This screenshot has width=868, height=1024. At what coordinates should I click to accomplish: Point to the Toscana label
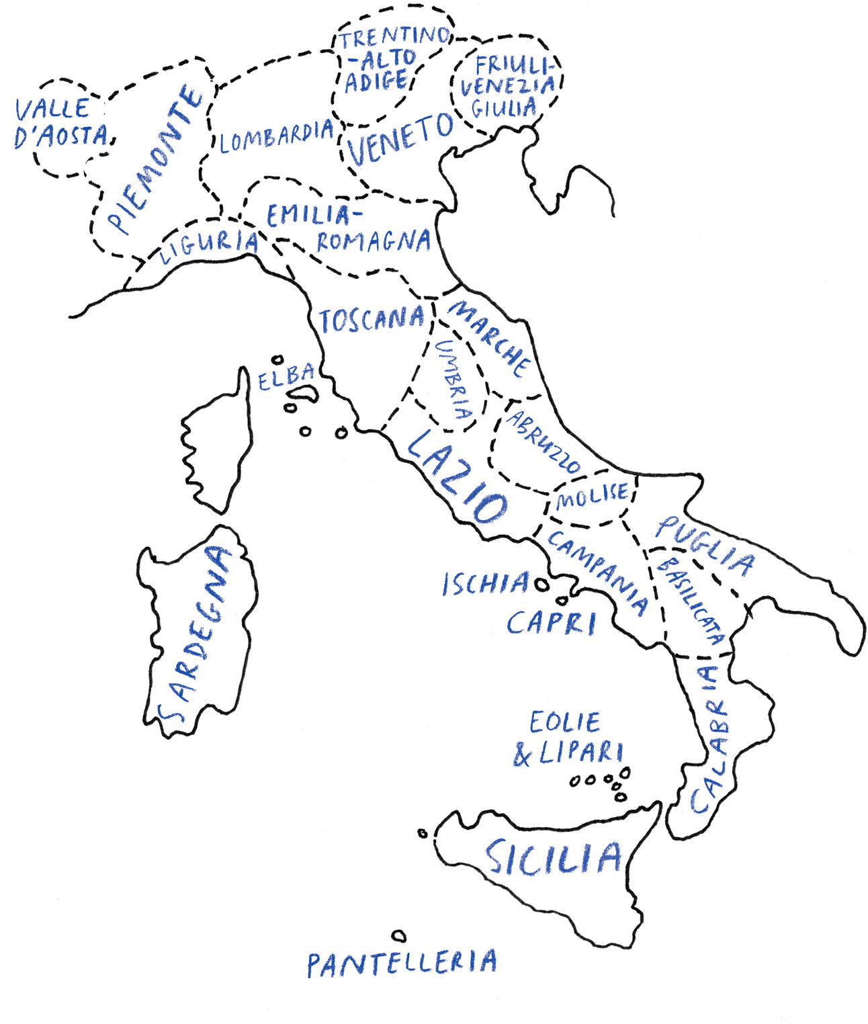pos(372,320)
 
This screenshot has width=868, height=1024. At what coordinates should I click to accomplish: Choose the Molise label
pos(592,497)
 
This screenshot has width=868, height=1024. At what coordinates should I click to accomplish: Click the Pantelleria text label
pos(402,964)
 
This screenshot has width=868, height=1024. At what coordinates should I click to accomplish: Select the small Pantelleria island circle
pos(399,935)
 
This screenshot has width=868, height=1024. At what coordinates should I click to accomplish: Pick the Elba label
pos(286,378)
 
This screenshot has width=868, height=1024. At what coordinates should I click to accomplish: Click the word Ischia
pos(485,583)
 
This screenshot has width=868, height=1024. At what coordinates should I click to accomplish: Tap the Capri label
pos(551,623)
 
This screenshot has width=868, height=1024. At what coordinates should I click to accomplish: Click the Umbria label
pos(453,380)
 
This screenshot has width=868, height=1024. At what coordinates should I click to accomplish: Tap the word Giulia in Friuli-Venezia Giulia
pos(504,108)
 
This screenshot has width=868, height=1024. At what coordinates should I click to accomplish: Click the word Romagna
pos(374,241)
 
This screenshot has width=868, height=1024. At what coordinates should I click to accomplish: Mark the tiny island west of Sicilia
pos(423,834)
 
